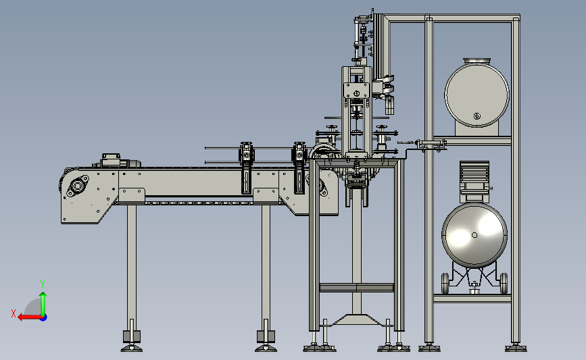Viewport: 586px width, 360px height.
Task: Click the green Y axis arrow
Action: point(43,304)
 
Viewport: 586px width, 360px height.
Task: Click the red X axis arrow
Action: point(30,317)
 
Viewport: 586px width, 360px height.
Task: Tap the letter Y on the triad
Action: point(43,284)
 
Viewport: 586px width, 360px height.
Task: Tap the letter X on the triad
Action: point(14,313)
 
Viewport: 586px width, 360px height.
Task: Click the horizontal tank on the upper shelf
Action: point(477,95)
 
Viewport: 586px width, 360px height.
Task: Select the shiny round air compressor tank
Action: point(474,235)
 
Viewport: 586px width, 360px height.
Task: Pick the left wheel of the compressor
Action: point(445,283)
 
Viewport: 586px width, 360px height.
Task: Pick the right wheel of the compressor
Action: point(504,283)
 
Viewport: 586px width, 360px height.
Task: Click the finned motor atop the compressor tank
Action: point(474,178)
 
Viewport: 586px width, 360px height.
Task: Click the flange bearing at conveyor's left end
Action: point(77,186)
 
